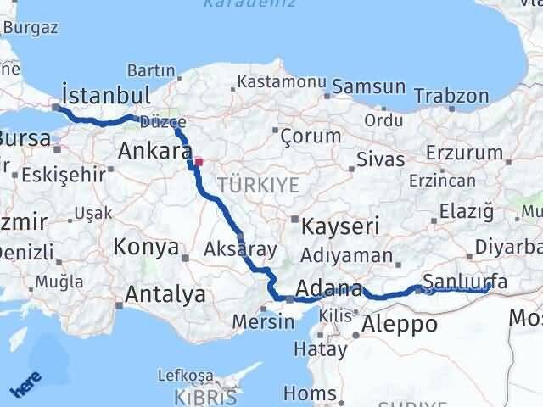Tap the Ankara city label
[154, 152]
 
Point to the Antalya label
[165, 294]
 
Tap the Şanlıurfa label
[465, 281]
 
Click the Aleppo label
[399, 323]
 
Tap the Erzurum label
[466, 153]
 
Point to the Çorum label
[310, 136]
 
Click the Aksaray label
[241, 249]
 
